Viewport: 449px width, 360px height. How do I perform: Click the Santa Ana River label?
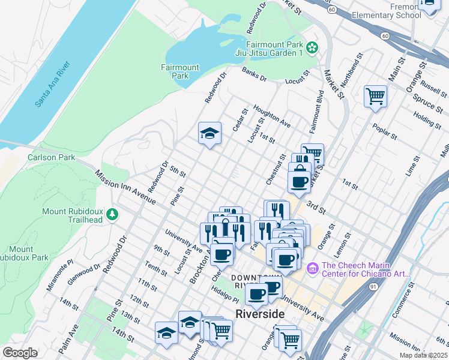(x=53, y=84)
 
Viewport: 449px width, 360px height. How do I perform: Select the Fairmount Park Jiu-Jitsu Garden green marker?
(x=312, y=47)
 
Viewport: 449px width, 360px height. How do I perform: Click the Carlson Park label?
(x=51, y=158)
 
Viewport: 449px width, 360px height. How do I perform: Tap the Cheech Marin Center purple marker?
(x=312, y=267)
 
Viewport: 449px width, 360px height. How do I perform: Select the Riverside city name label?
(x=260, y=314)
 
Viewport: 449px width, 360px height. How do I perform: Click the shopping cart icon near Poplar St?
(x=375, y=95)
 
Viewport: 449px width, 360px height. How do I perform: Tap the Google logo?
(x=20, y=352)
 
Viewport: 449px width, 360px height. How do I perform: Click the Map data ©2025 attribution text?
(x=424, y=355)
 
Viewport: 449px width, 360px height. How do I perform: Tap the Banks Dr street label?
(x=254, y=75)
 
